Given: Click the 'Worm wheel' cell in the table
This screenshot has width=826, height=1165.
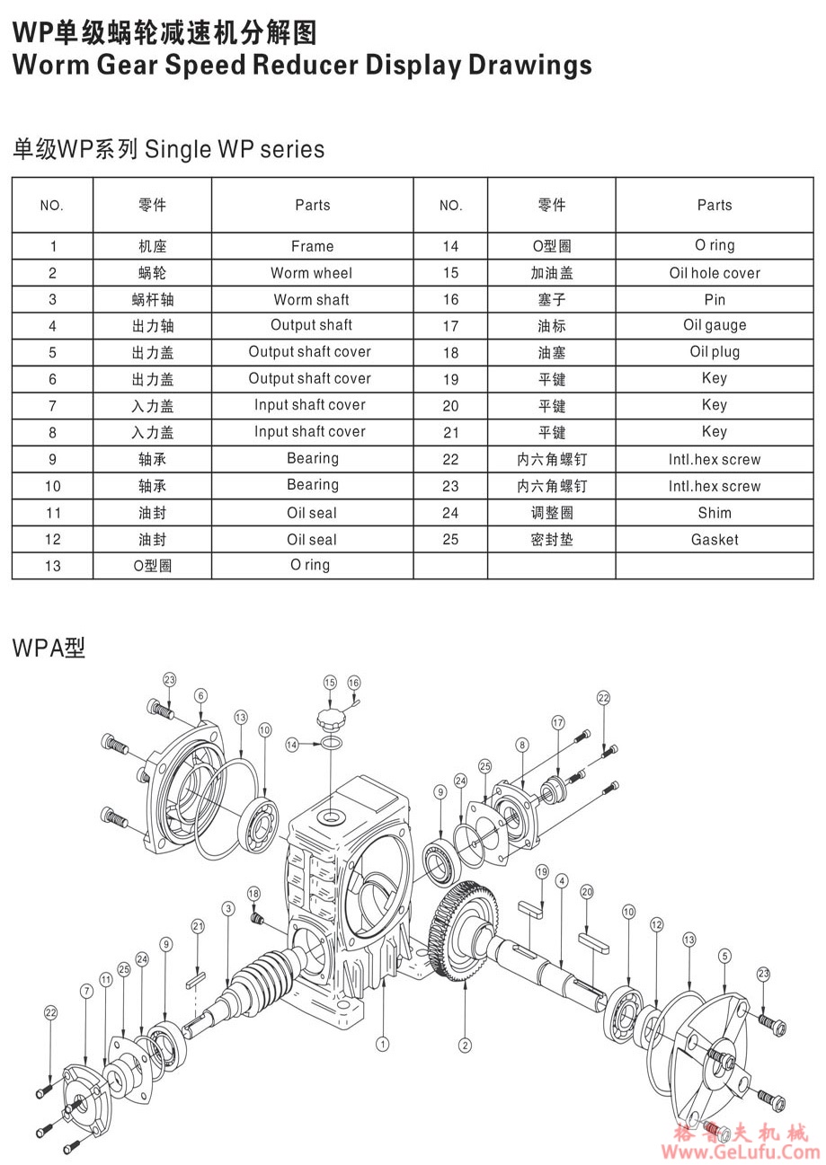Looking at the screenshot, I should (x=312, y=273).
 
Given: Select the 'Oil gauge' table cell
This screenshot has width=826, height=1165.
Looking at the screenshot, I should (x=715, y=325).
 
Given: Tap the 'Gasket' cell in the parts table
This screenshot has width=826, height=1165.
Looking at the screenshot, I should (x=715, y=540).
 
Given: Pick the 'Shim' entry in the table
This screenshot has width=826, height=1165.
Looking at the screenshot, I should (x=715, y=513).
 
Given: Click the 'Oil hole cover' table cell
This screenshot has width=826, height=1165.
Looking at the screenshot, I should (x=715, y=273).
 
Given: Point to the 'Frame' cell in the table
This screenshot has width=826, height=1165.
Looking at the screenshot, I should (x=312, y=246).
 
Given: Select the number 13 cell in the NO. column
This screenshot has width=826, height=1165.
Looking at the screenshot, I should (x=52, y=566).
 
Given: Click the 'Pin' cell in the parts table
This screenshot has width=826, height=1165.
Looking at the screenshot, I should (x=715, y=299).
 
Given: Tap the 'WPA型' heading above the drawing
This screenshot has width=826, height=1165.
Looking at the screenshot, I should (x=49, y=648).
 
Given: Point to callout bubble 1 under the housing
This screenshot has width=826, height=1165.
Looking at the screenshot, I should (x=383, y=1044).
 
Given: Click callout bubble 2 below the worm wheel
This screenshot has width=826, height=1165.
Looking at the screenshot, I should (x=465, y=1045).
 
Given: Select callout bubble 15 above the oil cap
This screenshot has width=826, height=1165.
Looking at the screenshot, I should (x=330, y=683).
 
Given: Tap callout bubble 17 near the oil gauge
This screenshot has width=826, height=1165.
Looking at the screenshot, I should (x=558, y=722).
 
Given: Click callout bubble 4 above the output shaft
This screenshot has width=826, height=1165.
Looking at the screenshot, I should (x=561, y=881).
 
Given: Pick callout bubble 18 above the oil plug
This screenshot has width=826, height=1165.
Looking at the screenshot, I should (x=253, y=894).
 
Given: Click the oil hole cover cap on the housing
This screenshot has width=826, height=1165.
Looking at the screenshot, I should (x=330, y=719).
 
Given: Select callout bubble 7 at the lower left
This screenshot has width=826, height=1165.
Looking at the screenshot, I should (x=86, y=992).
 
